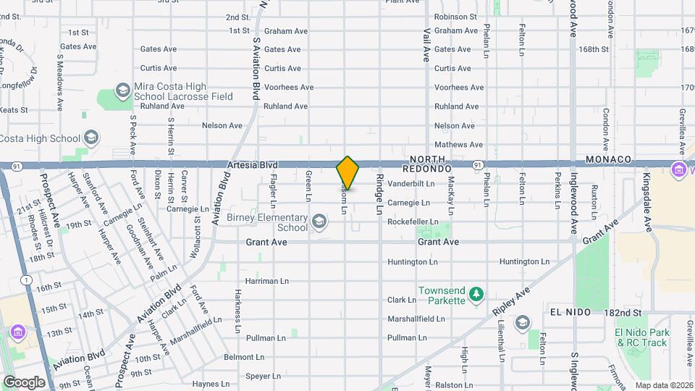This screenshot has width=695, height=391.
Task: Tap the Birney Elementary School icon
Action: pyautogui.click(x=319, y=220)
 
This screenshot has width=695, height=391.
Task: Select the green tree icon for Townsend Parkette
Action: pyautogui.click(x=476, y=293)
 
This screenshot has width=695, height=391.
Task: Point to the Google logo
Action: pyautogui.click(x=24, y=382)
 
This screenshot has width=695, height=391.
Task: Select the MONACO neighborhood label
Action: pyautogui.click(x=609, y=159)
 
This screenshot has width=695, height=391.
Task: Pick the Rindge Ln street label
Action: pyautogui.click(x=378, y=195)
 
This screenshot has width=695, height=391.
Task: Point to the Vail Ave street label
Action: pyautogui.click(x=427, y=44)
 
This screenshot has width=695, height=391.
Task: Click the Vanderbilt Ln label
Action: pyautogui.click(x=411, y=184)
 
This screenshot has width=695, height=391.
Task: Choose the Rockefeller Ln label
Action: pyautogui.click(x=413, y=222)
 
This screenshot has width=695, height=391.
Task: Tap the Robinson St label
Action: pyautogui.click(x=455, y=17)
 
